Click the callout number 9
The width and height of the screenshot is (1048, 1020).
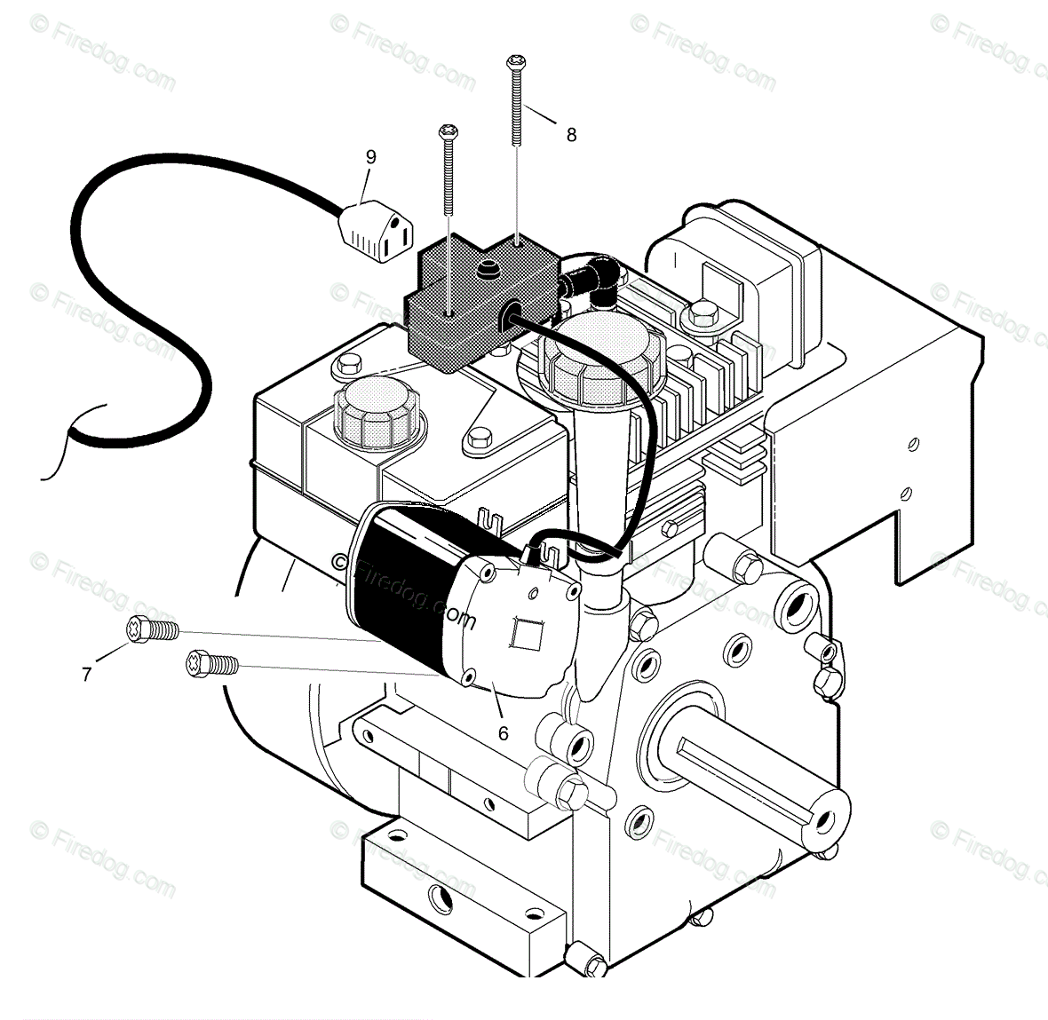[x=370, y=157]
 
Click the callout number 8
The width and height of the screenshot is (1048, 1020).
[x=571, y=135]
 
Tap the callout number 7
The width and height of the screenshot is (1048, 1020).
[x=86, y=675]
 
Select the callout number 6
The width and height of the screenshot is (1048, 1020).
[x=503, y=733]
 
